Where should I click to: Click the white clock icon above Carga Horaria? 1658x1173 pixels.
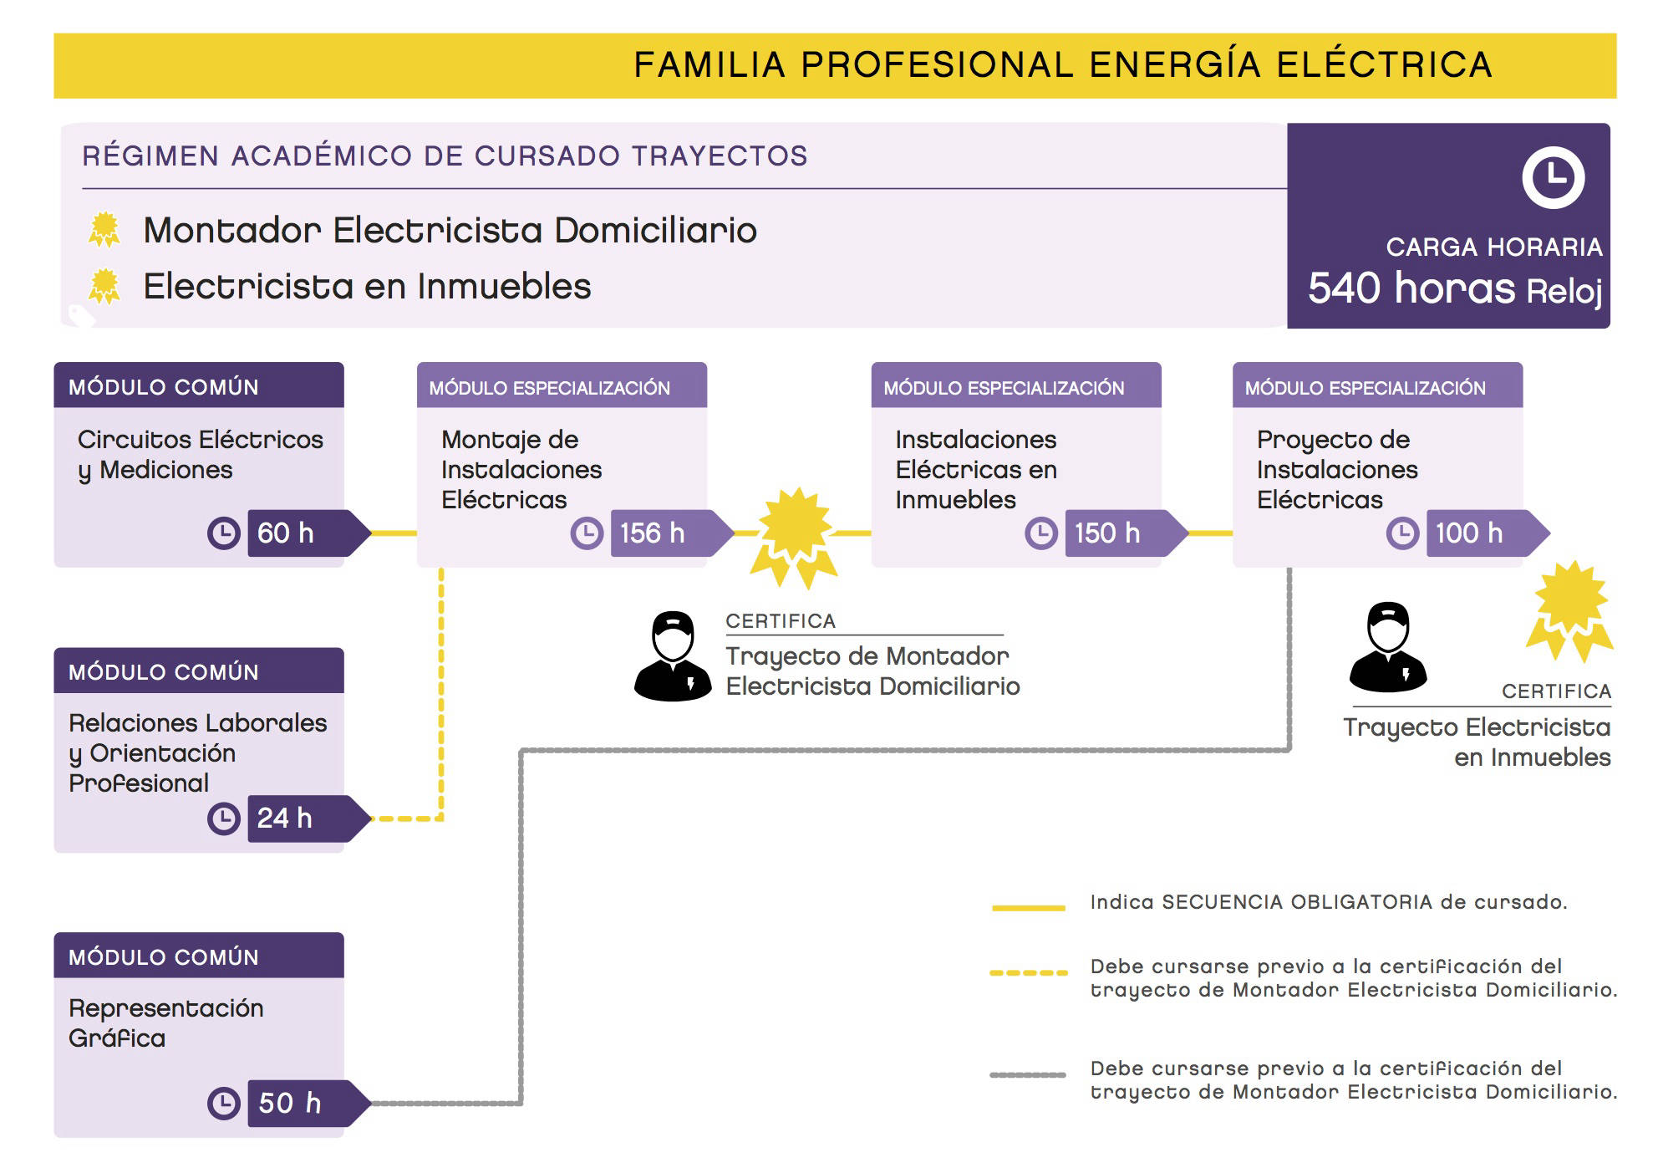tap(1553, 177)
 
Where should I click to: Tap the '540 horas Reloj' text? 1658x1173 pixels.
tap(1455, 289)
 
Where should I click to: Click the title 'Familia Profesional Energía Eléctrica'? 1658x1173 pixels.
tap(1063, 65)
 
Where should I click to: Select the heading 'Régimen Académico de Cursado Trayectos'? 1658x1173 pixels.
tap(445, 156)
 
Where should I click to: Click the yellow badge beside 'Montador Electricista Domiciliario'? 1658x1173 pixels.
tap(104, 230)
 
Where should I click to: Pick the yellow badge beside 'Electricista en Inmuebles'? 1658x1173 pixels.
tap(104, 286)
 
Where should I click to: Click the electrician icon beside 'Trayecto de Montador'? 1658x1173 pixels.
tap(673, 656)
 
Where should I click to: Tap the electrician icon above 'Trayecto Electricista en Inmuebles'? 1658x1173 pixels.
tap(1388, 647)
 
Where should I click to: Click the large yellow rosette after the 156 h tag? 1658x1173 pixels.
tap(794, 538)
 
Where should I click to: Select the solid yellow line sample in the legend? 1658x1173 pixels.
tap(1028, 907)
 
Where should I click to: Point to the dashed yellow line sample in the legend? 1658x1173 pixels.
tap(1029, 973)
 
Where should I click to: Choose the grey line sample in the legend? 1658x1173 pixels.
tap(1028, 1075)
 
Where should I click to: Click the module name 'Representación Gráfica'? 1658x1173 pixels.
tap(166, 1023)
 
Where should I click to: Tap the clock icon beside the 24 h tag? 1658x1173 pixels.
tap(223, 819)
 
